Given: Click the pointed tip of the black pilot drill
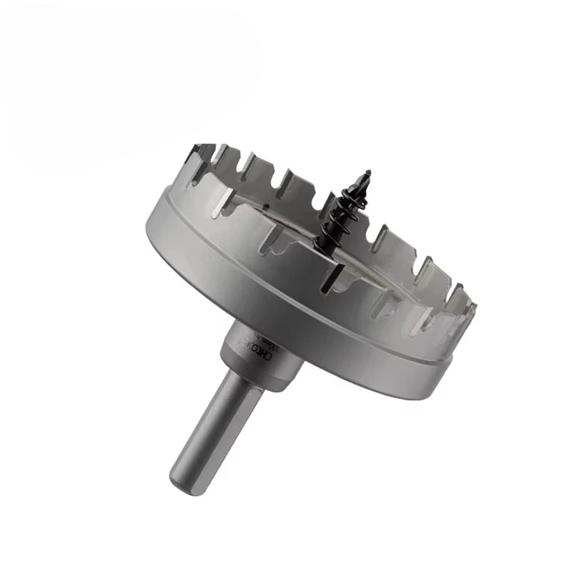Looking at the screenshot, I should pyautogui.click(x=368, y=172).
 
